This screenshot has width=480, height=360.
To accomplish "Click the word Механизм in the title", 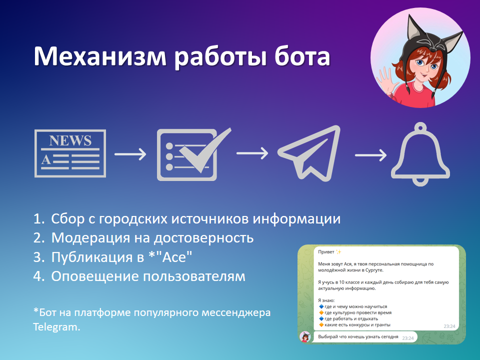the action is click(x=100, y=56).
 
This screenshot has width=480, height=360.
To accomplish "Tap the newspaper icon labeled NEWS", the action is click(x=70, y=153).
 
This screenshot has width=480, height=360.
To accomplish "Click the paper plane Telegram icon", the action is click(x=309, y=153).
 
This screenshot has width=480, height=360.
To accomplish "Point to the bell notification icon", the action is click(x=420, y=154).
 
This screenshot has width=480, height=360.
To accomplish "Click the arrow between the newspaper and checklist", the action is click(x=130, y=154).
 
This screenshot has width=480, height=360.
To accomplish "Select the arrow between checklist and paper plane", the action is click(x=252, y=153).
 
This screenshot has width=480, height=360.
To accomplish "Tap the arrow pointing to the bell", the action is click(x=370, y=155).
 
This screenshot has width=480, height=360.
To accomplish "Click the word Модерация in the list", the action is click(x=90, y=238).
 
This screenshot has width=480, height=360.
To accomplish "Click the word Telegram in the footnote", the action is click(x=56, y=327).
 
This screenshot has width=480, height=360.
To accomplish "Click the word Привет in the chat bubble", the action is click(x=326, y=252).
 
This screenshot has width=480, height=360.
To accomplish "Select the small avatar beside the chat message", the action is click(x=305, y=337).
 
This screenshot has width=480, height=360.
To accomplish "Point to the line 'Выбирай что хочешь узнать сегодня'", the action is click(x=358, y=336).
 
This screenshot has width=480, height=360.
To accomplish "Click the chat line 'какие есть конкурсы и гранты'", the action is click(x=357, y=325).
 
